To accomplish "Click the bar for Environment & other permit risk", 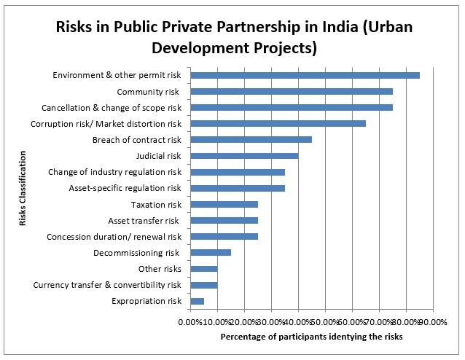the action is pyautogui.click(x=305, y=75).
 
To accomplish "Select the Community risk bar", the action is pyautogui.click(x=292, y=91).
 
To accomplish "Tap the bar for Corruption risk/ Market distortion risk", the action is pyautogui.click(x=278, y=123).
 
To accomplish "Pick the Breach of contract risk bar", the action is pyautogui.click(x=251, y=139).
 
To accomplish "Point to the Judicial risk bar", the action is pyautogui.click(x=244, y=156).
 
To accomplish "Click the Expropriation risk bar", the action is pyautogui.click(x=198, y=301).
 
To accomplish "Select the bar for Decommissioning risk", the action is pyautogui.click(x=211, y=253).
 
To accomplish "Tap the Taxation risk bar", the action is pyautogui.click(x=224, y=204).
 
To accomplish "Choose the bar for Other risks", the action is pyautogui.click(x=204, y=269).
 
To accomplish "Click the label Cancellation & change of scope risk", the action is pyautogui.click(x=112, y=108).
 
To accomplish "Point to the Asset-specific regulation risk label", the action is pyautogui.click(x=125, y=188).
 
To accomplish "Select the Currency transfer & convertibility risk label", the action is pyautogui.click(x=107, y=285).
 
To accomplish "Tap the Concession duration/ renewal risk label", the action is pyautogui.click(x=114, y=237).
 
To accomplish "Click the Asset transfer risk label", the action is pyautogui.click(x=144, y=221).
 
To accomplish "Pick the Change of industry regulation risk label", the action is pyautogui.click(x=114, y=172).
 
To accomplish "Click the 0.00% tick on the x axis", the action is pyautogui.click(x=189, y=322).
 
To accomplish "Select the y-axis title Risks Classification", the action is pyautogui.click(x=23, y=188).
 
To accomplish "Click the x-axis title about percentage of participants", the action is pyautogui.click(x=312, y=337).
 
